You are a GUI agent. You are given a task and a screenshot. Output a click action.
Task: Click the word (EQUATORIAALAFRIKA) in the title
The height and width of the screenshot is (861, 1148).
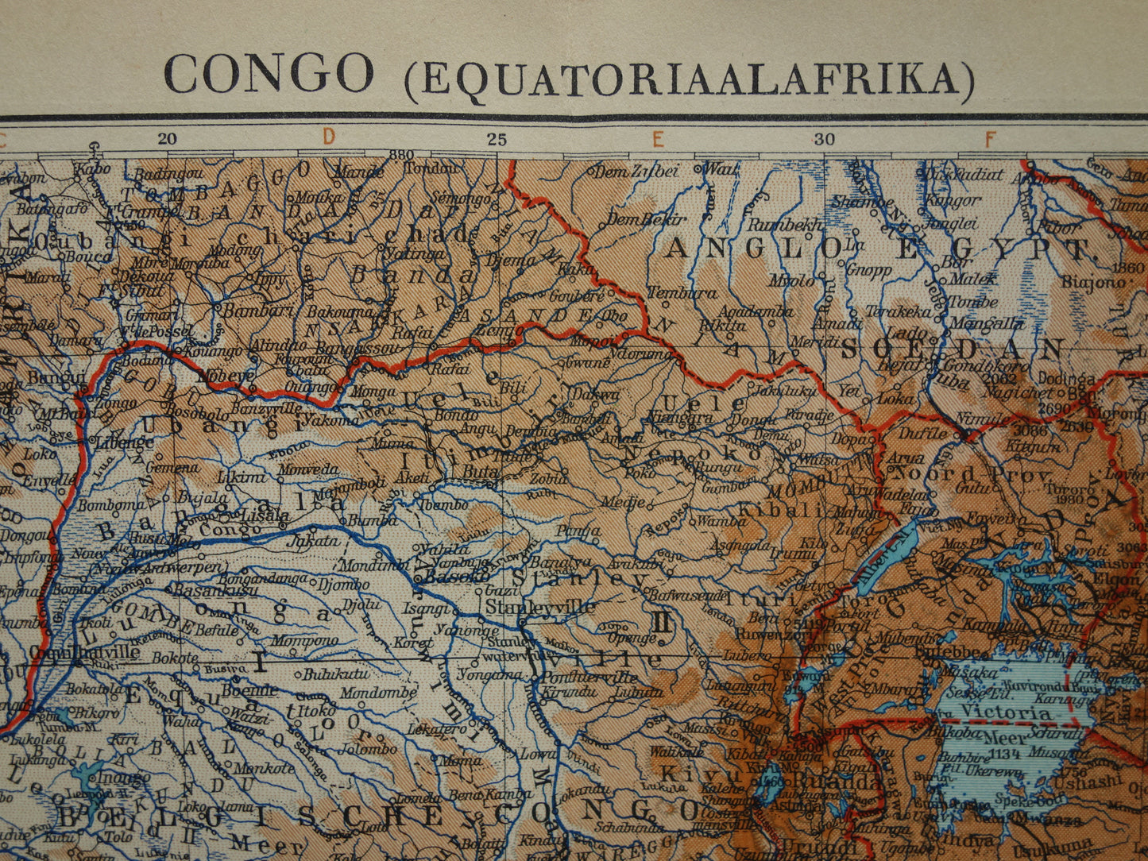click(x=689, y=79)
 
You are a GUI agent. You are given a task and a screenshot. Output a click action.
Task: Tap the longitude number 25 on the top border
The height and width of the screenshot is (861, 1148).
click(x=497, y=140)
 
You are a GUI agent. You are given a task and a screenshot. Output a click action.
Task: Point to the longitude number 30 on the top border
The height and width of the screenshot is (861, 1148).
click(x=825, y=140)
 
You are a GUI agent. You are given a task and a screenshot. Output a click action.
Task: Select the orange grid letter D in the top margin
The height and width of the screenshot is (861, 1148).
click(x=329, y=137)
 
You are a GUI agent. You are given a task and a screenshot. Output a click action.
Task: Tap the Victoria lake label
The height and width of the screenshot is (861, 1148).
click(x=1007, y=712)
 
